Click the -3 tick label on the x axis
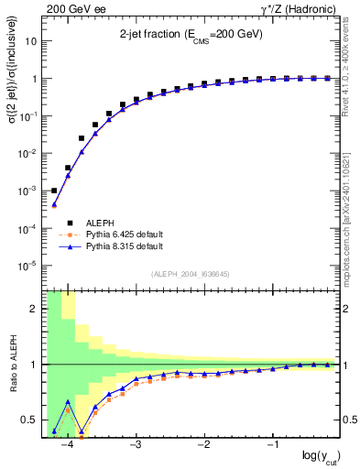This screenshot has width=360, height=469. click(x=136, y=445)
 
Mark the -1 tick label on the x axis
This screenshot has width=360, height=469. click(x=272, y=445)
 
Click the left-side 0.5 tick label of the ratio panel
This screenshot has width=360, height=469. click(x=30, y=420)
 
